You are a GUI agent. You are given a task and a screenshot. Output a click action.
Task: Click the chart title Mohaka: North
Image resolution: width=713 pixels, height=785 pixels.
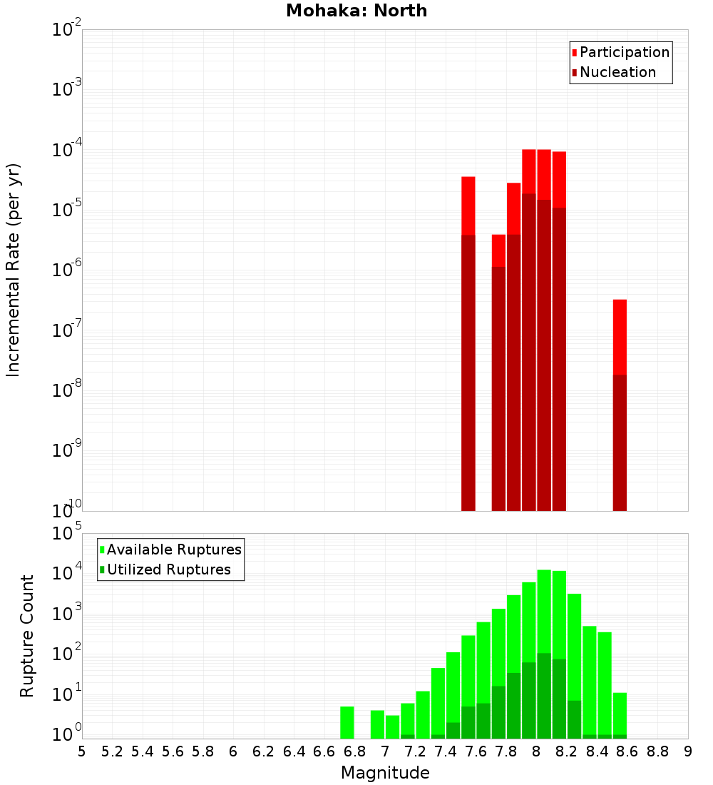tap(356, 11)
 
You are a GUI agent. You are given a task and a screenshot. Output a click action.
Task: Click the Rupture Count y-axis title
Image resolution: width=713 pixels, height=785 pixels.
tap(27, 636)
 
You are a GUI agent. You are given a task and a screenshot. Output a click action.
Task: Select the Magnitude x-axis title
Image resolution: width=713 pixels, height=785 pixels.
tap(385, 773)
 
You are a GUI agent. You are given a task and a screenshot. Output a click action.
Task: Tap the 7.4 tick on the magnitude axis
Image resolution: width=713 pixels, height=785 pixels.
tap(446, 751)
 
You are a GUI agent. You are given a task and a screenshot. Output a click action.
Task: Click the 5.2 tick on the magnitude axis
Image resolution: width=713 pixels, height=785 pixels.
tap(113, 751)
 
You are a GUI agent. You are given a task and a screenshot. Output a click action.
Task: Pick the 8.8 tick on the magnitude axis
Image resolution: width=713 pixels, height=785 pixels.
tap(658, 751)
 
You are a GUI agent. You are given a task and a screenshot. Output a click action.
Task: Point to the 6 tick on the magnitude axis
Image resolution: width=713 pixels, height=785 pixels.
tap(233, 751)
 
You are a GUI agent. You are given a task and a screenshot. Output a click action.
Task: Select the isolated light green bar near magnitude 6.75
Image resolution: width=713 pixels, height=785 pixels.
tap(347, 722)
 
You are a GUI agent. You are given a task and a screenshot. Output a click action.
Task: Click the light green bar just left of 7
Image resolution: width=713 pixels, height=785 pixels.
tap(377, 724)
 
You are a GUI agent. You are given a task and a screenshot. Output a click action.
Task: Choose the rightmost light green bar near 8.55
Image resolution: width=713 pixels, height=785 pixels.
tap(620, 714)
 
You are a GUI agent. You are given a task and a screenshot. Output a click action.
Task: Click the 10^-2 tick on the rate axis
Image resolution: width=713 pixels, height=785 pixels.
tap(68, 30)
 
